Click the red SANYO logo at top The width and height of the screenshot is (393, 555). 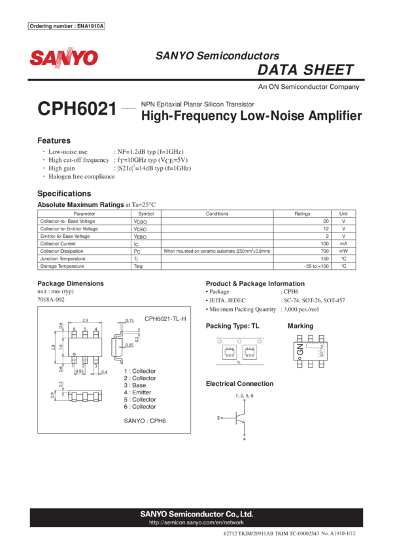point(63,58)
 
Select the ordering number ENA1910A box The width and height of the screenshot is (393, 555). point(67,26)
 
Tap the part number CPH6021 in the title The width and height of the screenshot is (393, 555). point(77,110)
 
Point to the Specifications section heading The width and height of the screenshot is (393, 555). point(63,194)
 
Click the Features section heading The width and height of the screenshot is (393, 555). point(54,140)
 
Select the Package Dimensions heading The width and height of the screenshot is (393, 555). point(70,283)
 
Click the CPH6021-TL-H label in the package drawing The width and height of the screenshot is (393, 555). point(165,319)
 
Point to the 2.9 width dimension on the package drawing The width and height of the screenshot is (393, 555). point(85,321)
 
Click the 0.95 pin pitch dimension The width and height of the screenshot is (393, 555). point(79,371)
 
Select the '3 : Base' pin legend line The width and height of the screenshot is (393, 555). point(135,385)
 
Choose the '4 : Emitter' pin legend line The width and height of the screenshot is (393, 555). point(138,392)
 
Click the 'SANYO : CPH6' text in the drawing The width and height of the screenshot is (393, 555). point(145,421)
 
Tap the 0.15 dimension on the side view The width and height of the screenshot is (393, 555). point(129,321)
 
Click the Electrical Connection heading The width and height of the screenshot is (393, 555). point(239,383)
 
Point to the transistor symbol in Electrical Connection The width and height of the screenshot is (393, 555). point(238,417)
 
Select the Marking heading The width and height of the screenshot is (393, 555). point(300,325)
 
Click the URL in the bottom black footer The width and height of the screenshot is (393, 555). point(196,522)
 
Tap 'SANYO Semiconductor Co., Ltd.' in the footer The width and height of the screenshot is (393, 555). point(196,514)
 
